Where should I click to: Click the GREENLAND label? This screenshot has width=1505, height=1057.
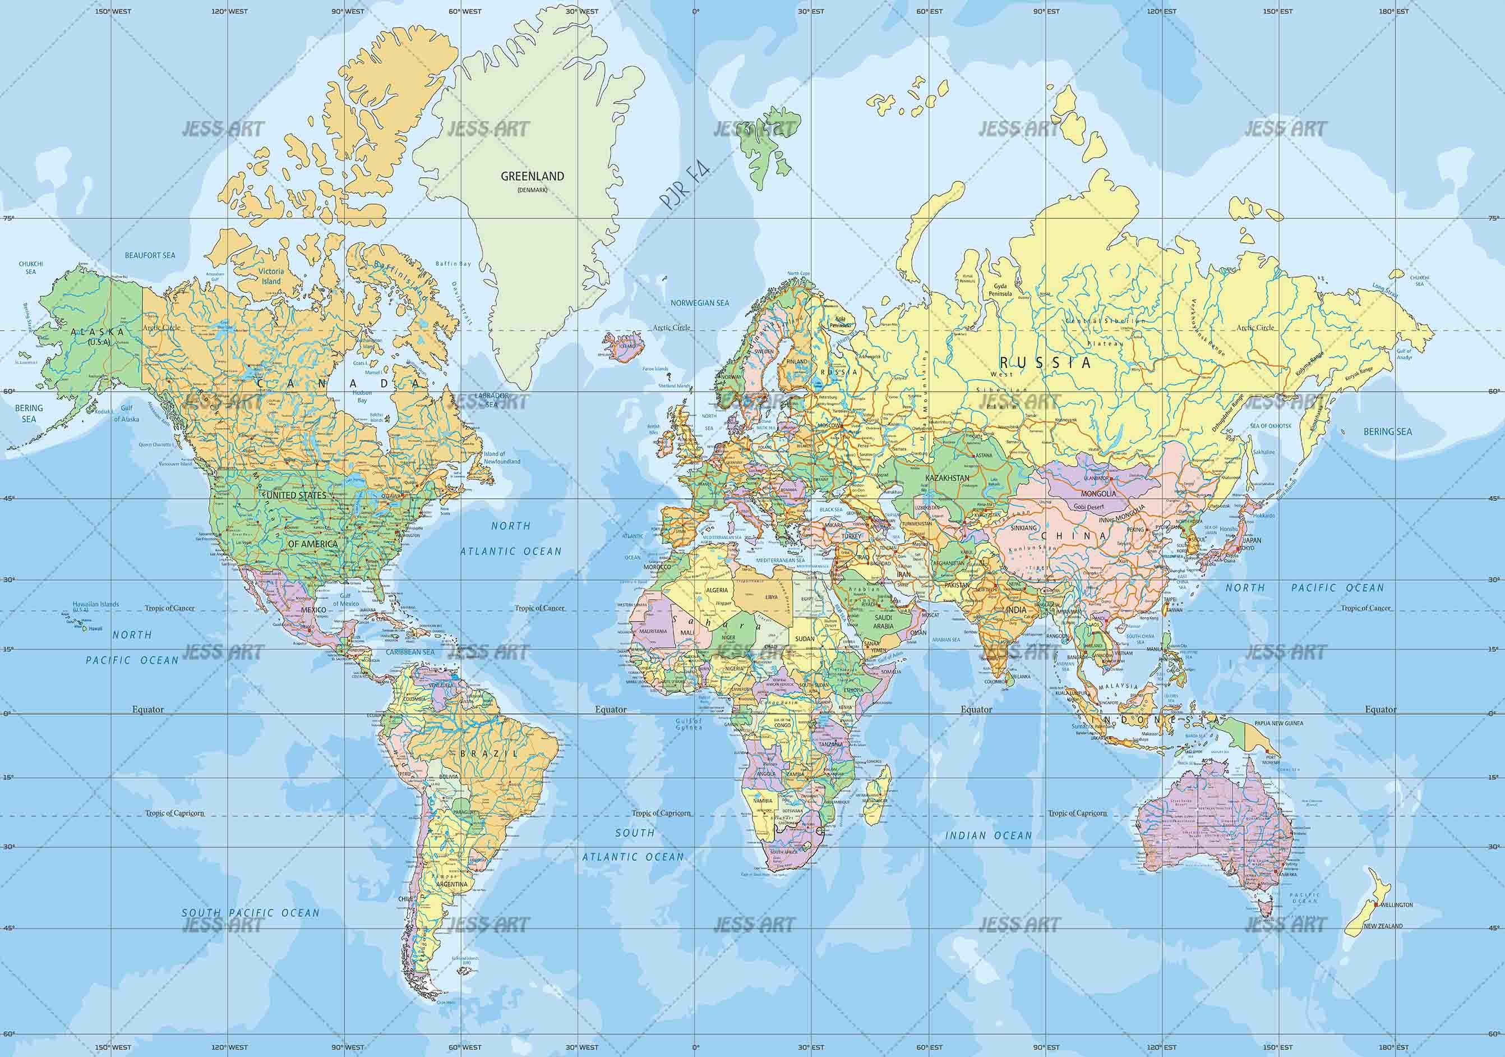click(532, 176)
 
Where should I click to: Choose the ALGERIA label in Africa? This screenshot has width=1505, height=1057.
click(717, 590)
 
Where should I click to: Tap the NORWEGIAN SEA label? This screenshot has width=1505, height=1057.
click(699, 303)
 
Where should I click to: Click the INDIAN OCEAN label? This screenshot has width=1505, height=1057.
click(989, 835)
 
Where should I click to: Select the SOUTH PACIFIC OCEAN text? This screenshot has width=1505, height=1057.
click(251, 913)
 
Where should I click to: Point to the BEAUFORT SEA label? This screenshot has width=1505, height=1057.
click(151, 255)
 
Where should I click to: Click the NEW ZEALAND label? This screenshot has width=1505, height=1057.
click(1383, 926)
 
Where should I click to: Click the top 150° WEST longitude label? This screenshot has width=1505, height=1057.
click(113, 11)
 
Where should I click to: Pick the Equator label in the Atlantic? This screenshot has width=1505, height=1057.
click(610, 710)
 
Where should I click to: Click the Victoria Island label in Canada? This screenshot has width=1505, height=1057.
click(271, 276)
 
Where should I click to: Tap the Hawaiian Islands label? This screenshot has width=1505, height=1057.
click(96, 604)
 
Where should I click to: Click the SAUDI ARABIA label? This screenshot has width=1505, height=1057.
click(883, 622)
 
